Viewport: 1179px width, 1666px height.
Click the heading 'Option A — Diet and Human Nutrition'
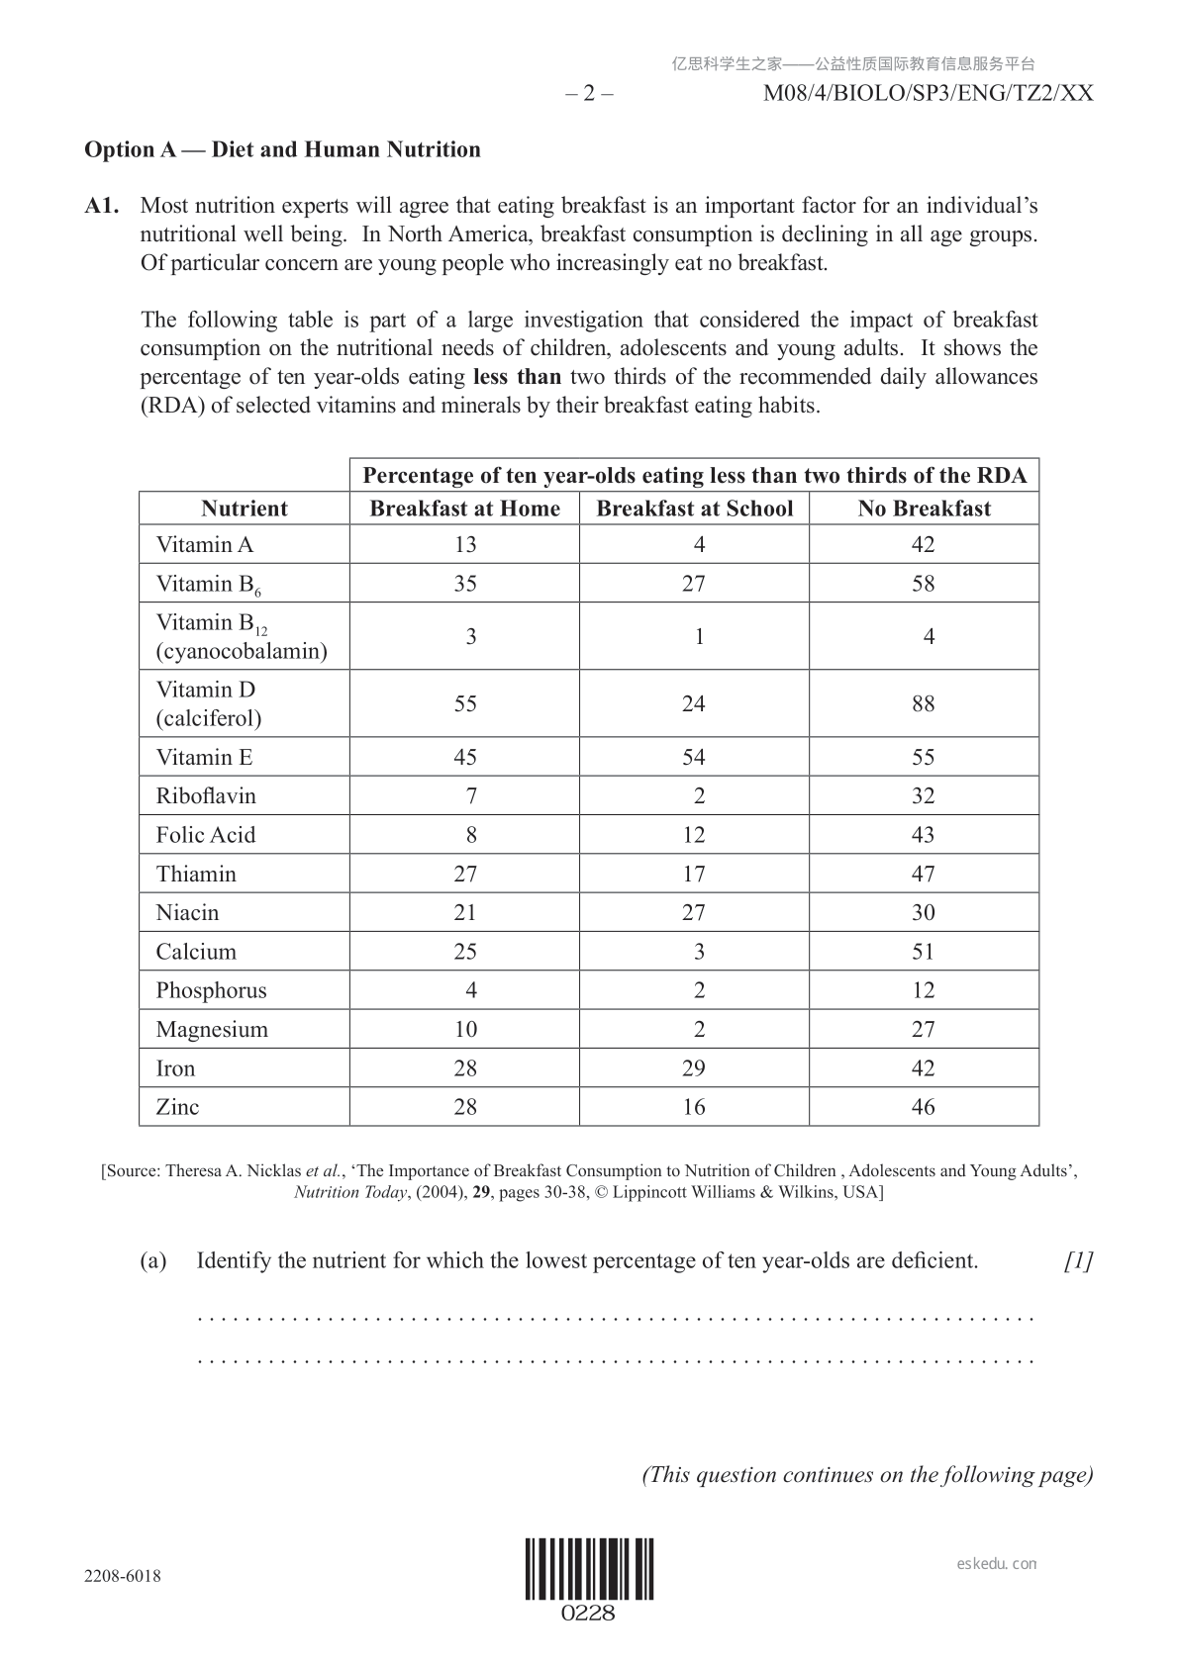click(282, 149)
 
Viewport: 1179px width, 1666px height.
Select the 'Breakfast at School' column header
click(694, 509)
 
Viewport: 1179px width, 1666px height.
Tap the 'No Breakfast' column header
click(924, 509)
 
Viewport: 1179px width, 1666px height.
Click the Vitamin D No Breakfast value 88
click(924, 703)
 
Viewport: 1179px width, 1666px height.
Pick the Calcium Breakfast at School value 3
click(699, 952)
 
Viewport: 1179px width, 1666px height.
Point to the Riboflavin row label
click(206, 796)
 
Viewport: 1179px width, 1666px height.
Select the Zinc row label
click(177, 1107)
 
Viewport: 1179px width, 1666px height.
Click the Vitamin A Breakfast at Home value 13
click(464, 545)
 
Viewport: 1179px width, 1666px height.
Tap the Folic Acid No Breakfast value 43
click(924, 835)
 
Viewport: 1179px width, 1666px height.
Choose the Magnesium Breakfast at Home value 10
click(464, 1030)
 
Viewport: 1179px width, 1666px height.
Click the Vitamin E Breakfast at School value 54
click(694, 758)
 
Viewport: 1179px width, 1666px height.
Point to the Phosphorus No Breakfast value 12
click(924, 990)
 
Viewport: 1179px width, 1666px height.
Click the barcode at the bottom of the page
click(589, 1568)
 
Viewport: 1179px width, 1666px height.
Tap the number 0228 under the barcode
click(589, 1614)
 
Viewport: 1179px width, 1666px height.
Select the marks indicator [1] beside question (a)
click(1078, 1261)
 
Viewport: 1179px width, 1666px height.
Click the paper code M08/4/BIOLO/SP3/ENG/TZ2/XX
click(929, 94)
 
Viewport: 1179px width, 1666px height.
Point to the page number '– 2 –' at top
click(589, 94)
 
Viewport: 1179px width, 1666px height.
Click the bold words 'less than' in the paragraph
click(517, 377)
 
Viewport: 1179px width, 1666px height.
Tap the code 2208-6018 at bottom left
click(123, 1576)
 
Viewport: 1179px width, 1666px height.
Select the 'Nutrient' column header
click(244, 509)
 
